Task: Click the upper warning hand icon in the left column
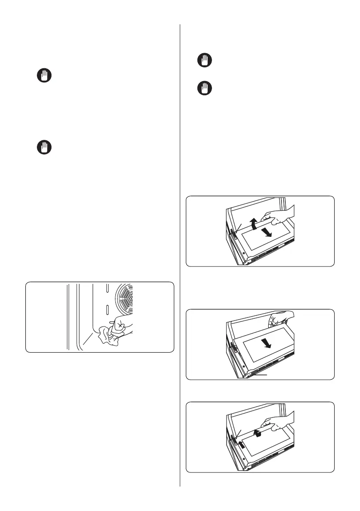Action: pos(43,76)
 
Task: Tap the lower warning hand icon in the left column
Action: pos(43,148)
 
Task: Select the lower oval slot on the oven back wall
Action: pos(107,309)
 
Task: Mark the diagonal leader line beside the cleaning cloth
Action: pos(89,340)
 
